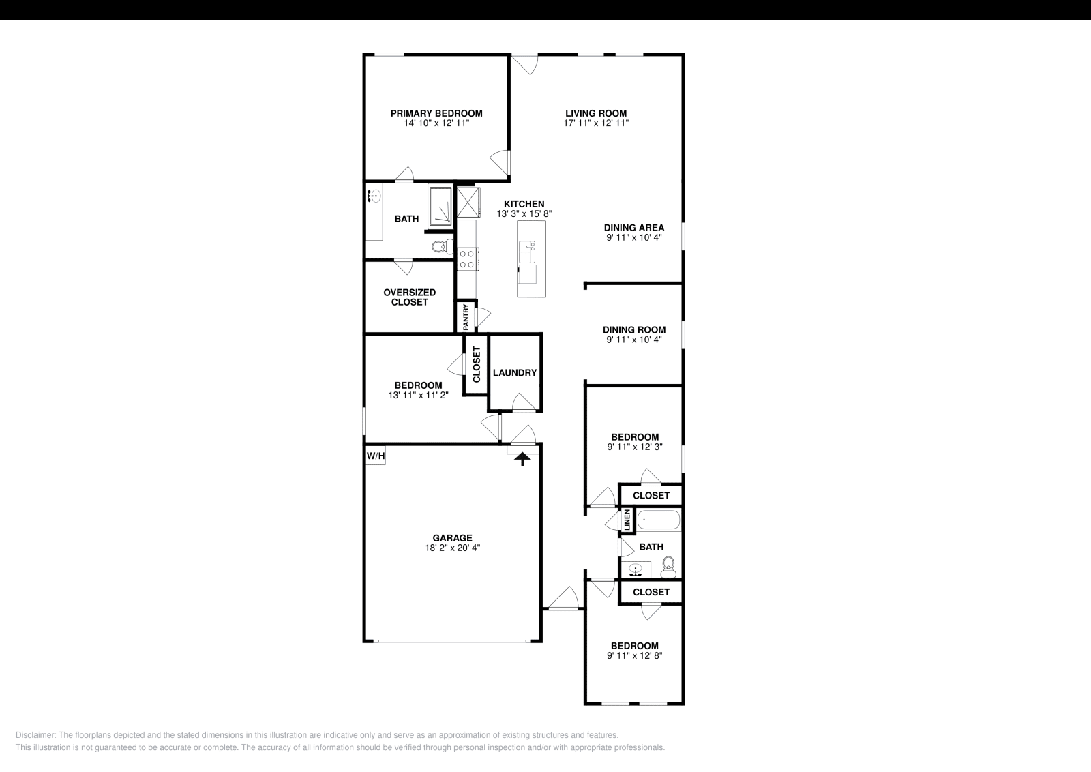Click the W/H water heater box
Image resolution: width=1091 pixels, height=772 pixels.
[x=376, y=456]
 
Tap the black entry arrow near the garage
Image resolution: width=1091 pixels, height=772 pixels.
[x=522, y=458]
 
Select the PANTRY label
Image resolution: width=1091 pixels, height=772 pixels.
[x=466, y=317]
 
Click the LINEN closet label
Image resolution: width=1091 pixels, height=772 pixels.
[x=627, y=521]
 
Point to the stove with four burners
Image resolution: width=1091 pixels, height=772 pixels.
[x=467, y=258]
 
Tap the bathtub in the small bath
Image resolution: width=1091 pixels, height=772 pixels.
[x=659, y=521]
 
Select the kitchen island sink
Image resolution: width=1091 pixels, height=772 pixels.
[x=527, y=252]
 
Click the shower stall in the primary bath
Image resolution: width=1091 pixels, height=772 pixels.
[x=440, y=206]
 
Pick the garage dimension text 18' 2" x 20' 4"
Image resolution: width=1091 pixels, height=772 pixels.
[x=447, y=548]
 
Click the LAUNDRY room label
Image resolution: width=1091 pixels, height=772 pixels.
[x=515, y=373]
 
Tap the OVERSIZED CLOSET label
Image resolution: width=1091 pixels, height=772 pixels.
[x=409, y=297]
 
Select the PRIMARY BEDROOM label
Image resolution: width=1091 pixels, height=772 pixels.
[x=436, y=113]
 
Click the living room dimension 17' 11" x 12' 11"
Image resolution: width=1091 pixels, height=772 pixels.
[x=596, y=123]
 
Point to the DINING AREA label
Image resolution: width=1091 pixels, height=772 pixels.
[x=634, y=228]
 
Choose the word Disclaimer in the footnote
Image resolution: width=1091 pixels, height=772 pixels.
[x=35, y=735]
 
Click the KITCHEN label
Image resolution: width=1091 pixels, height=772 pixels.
[x=524, y=204]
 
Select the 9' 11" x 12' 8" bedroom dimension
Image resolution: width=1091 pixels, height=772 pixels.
[x=635, y=656]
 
